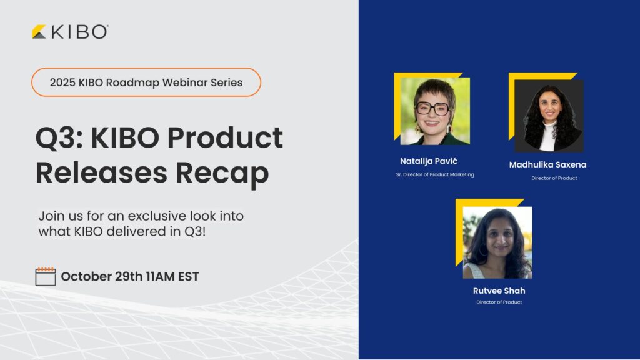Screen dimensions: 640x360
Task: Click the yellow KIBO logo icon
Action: pos(39,32)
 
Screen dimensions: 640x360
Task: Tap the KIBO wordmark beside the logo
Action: pos(80,32)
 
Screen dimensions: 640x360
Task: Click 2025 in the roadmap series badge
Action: pos(62,82)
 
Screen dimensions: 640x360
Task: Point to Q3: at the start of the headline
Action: pos(59,138)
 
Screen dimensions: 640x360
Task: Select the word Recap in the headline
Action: pos(222,173)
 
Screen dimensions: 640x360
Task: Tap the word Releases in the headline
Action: pos(101,172)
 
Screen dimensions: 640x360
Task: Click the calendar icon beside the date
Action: pos(46,276)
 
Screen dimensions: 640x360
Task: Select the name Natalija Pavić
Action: pos(429,161)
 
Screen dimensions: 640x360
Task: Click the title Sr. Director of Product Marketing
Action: pos(435,175)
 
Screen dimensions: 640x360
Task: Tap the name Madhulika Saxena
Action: pos(547,164)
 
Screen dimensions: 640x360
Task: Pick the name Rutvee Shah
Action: pos(499,291)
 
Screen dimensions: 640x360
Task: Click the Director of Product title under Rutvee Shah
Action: pos(499,302)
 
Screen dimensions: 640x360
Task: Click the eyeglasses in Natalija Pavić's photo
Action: pos(432,109)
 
